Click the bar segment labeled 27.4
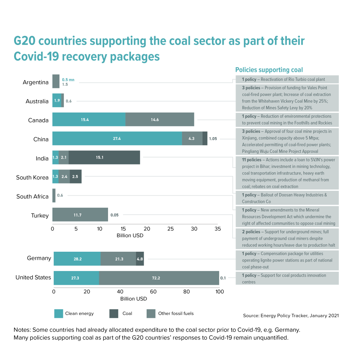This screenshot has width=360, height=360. coord(117,139)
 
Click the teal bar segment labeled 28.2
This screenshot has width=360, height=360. coord(77,259)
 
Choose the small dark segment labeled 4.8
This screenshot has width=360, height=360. coord(140,259)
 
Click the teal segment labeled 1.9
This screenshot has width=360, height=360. coord(57,101)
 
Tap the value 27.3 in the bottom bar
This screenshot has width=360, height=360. coord(75,278)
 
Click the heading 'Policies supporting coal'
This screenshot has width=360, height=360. coord(269,70)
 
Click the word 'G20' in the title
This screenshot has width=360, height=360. coord(24,41)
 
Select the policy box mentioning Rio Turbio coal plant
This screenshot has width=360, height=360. coord(287,79)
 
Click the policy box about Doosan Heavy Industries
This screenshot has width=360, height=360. coord(287,198)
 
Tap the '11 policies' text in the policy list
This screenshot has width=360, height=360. coord(252,160)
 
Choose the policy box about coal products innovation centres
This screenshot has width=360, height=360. coord(287,278)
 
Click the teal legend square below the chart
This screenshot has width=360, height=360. coord(59,314)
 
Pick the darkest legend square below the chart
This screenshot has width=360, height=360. coord(114,314)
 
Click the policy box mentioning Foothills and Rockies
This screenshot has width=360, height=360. coord(287,120)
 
